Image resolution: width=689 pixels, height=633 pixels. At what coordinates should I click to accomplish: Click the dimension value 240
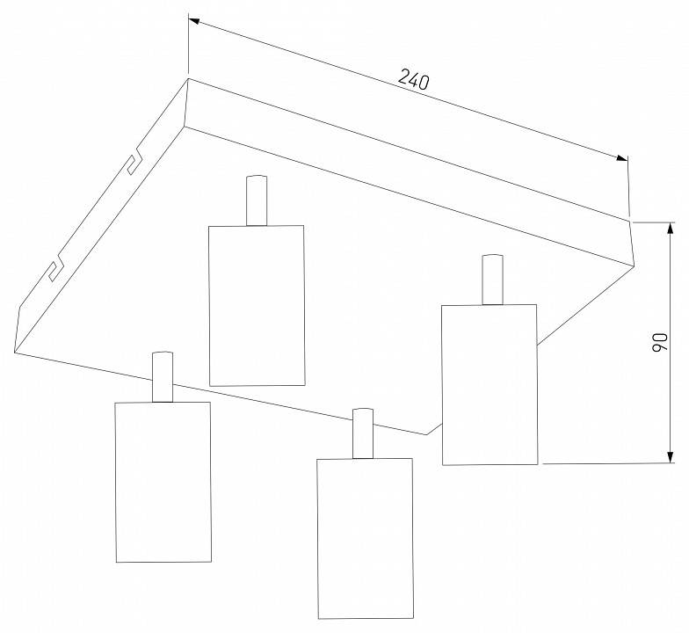pos(413,79)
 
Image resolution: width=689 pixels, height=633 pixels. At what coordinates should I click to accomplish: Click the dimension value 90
pos(659,342)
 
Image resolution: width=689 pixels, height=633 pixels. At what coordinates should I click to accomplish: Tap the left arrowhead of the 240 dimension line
pos(193,20)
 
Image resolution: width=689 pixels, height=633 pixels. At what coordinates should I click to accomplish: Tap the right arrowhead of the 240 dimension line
pos(622,158)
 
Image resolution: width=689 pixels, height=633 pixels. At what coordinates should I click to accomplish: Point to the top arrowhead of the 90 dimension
pos(670,228)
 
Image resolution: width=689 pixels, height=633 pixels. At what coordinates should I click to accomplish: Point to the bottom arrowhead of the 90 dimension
pos(670,457)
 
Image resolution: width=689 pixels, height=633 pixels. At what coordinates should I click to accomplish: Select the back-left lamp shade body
pos(257,306)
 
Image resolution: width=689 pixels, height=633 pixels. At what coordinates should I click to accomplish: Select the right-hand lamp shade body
pos(490,385)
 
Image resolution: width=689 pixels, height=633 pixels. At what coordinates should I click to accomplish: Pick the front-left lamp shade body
pos(163,482)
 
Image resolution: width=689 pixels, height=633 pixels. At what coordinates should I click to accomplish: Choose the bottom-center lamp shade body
pos(366,539)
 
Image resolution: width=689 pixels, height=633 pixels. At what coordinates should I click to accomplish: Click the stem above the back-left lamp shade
pos(257,200)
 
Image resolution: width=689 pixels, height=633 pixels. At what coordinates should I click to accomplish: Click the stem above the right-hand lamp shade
pos(492,280)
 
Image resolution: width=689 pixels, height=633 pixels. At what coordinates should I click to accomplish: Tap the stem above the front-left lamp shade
pos(163,377)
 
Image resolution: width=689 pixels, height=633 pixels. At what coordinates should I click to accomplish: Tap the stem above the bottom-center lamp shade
pos(363,434)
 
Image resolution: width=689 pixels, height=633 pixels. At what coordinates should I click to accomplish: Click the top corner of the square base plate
pos(188,79)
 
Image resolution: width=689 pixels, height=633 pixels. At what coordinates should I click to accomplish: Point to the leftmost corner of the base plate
pos(15,352)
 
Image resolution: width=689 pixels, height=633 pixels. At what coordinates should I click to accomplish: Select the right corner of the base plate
pos(635,266)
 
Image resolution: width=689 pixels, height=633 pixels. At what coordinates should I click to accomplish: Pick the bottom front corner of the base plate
pos(427,435)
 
